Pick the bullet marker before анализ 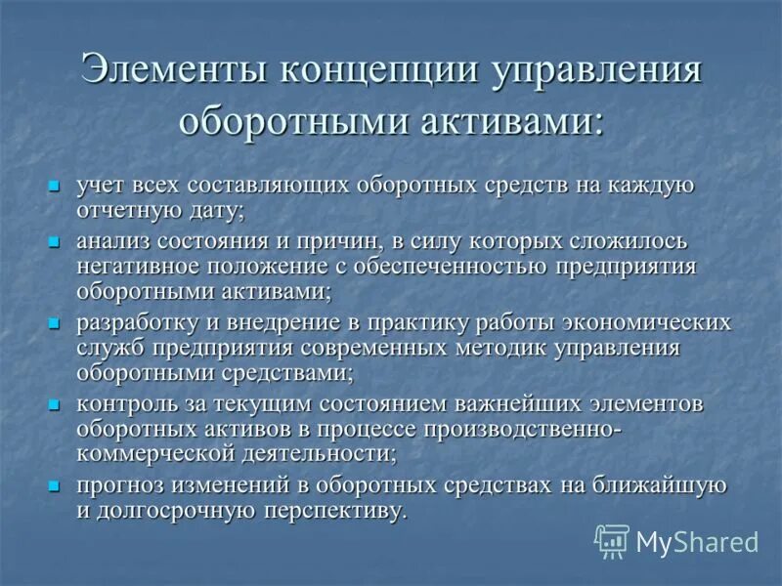pos(55,241)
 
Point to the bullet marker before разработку pos(55,322)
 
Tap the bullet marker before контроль pos(55,403)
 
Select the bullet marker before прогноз pos(55,485)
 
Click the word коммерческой pos(152,453)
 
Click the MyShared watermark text pos(697,542)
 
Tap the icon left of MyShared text pos(612,541)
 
